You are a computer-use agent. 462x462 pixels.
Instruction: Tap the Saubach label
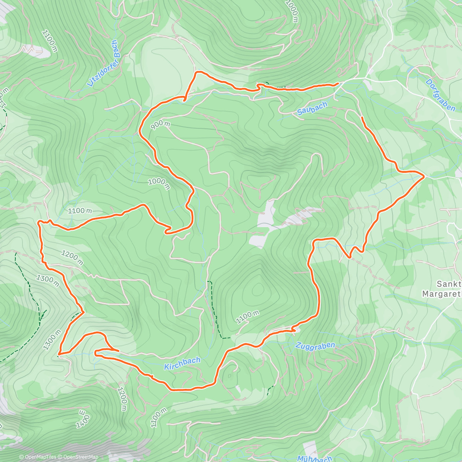pos(312,109)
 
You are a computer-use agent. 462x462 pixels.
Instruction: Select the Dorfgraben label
pos(440,95)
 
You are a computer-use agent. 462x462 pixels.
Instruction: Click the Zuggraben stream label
pos(315,346)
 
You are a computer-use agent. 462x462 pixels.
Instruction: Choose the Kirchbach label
pos(182,363)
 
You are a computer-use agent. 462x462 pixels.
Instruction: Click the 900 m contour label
pos(160,125)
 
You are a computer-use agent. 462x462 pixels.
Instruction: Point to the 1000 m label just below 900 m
pos(159,184)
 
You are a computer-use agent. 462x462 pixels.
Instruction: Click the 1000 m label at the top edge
pos(292,11)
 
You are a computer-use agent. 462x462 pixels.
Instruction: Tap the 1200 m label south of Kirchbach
pos(122,399)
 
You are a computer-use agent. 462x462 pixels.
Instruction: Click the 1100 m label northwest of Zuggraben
pos(248,317)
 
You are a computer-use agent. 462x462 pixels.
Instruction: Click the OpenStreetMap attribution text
pos(80,457)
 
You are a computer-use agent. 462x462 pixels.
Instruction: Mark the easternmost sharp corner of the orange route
pos(424,176)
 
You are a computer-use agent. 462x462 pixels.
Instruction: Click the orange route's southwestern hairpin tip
pos(60,353)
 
